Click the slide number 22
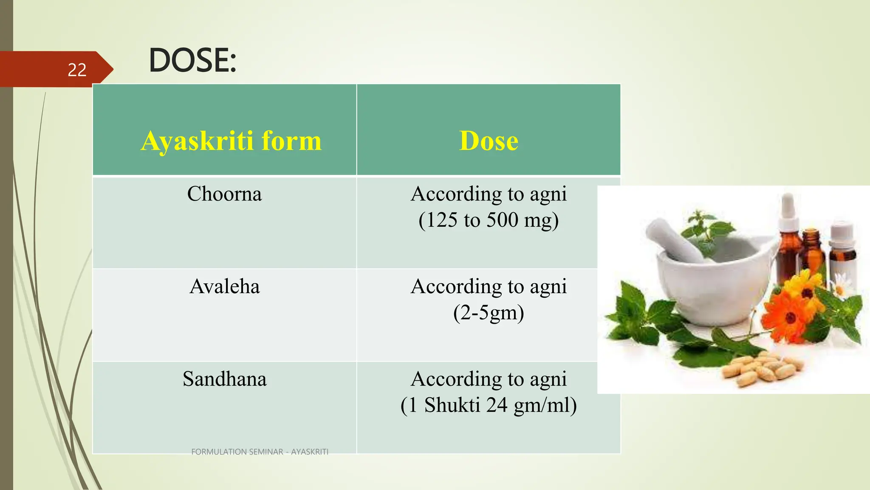pyautogui.click(x=77, y=70)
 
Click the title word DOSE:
pyautogui.click(x=192, y=60)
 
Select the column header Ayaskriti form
pyautogui.click(x=231, y=141)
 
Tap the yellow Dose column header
pyautogui.click(x=489, y=141)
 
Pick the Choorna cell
pyautogui.click(x=224, y=194)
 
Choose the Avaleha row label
pyautogui.click(x=224, y=286)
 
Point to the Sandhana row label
pyautogui.click(x=224, y=379)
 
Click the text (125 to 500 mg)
pyautogui.click(x=489, y=220)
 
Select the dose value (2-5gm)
pyautogui.click(x=489, y=313)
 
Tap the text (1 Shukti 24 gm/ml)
pyautogui.click(x=489, y=405)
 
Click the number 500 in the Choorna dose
pyautogui.click(x=502, y=220)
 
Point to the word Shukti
pyautogui.click(x=452, y=405)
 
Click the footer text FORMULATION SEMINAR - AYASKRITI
pyautogui.click(x=260, y=452)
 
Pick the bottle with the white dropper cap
pyautogui.click(x=788, y=238)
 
